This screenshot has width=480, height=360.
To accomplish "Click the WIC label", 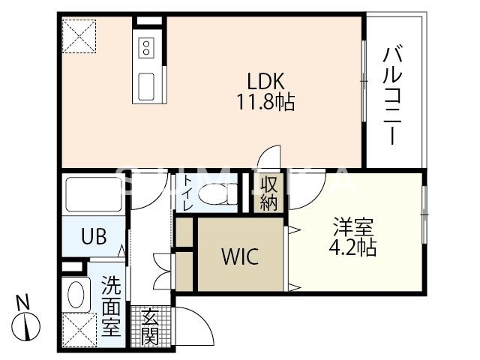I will click(x=239, y=257).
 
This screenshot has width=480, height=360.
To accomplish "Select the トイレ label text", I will click(x=187, y=193).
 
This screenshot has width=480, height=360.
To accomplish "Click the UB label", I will click(x=94, y=236).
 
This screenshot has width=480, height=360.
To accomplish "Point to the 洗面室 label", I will click(x=110, y=306).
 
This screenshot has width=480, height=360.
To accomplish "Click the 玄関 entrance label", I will click(x=149, y=327).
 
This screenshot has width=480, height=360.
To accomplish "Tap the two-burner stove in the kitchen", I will click(x=146, y=48).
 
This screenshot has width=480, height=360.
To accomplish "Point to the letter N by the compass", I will click(x=23, y=304).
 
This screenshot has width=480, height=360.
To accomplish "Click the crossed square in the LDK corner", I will click(x=79, y=36).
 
